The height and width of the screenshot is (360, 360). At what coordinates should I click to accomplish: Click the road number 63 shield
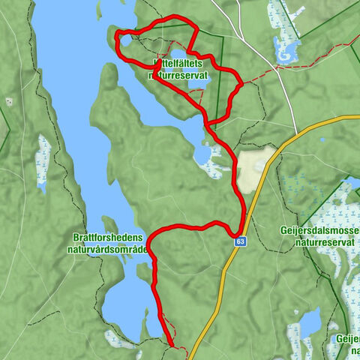click(239, 241)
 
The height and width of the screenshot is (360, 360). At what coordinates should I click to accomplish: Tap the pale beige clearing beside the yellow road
click(256, 165)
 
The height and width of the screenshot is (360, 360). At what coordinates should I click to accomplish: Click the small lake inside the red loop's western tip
click(125, 40)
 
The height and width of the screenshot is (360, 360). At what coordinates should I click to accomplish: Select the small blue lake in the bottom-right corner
click(310, 323)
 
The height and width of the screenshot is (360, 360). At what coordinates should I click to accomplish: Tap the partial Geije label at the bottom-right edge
click(348, 339)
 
